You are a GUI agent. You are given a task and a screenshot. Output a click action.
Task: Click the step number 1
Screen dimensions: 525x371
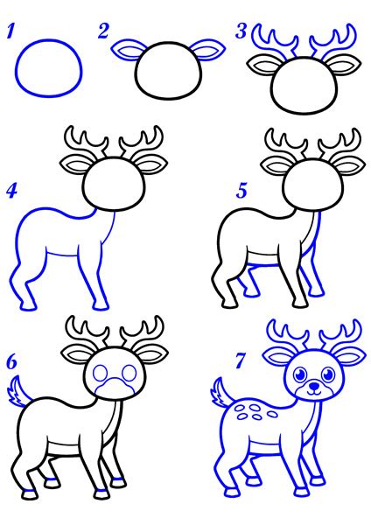(x=11, y=34)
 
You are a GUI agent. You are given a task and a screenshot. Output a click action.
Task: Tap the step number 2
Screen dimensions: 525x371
(x=104, y=32)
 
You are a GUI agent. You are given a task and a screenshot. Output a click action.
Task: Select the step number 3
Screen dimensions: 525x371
(x=241, y=32)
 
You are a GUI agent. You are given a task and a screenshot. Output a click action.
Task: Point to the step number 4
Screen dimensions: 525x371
(x=11, y=190)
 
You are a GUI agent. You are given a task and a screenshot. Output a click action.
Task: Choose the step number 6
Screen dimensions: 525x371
(x=11, y=360)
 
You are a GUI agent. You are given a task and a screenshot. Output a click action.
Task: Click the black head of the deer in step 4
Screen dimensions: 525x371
(x=112, y=183)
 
